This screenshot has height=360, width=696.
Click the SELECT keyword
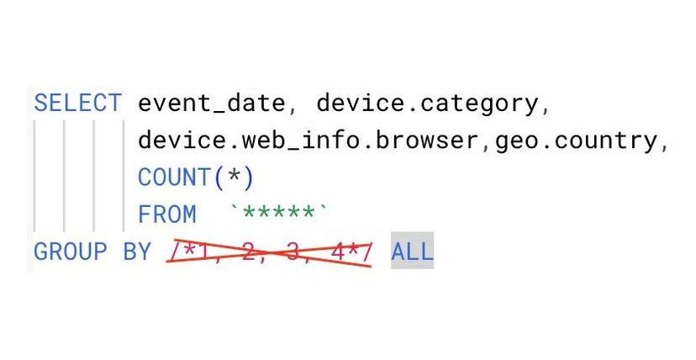[77, 103]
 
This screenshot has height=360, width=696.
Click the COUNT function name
[174, 177]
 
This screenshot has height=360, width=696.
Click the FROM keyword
[167, 214]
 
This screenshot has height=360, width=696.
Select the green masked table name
[282, 213]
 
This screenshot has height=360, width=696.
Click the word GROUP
[71, 251]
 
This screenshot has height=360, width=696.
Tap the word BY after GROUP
[137, 251]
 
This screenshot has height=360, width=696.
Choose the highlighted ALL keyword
[412, 251]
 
